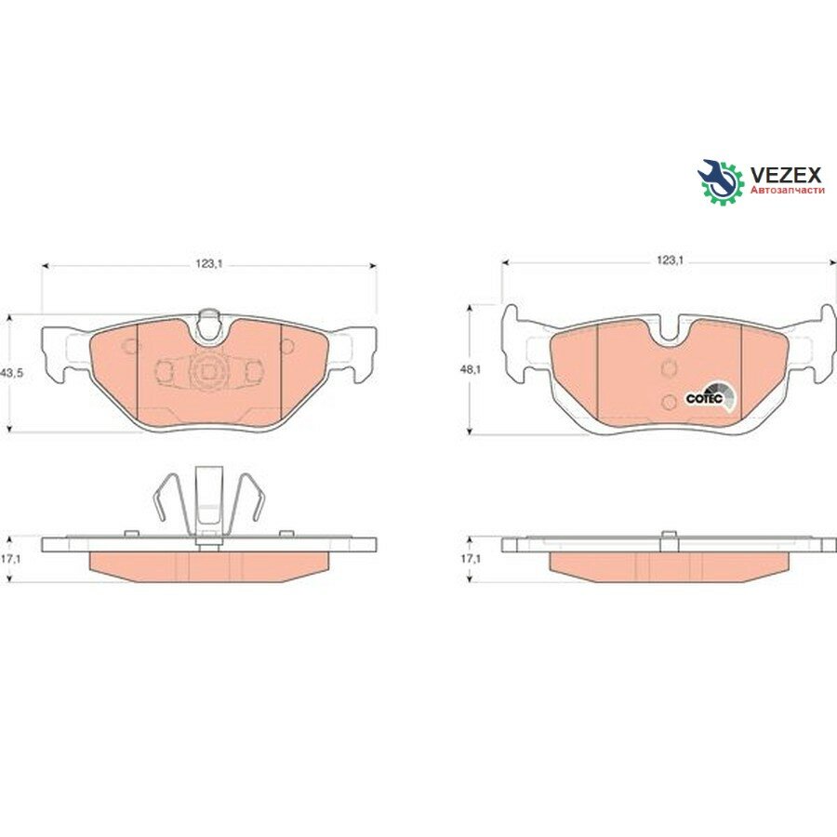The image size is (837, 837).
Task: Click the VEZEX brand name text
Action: [786, 175]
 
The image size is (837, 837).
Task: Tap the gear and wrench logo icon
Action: [721, 180]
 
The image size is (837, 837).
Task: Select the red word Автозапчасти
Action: [788, 190]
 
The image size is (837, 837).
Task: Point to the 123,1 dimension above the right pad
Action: [670, 260]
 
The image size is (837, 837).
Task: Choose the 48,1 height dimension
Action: [471, 368]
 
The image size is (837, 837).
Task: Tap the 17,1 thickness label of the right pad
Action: [471, 559]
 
